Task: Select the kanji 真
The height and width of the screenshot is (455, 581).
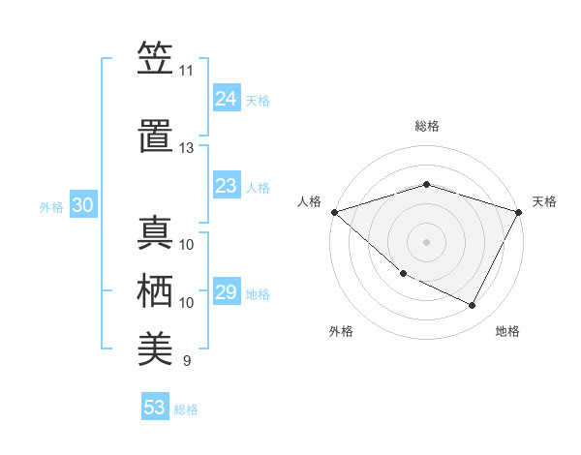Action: tap(155, 232)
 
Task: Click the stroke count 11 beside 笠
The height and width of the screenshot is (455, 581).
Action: tap(186, 71)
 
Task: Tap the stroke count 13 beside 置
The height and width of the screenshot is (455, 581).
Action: tap(186, 148)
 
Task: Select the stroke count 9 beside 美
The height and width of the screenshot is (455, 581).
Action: tap(186, 361)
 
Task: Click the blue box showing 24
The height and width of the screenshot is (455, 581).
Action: tap(227, 99)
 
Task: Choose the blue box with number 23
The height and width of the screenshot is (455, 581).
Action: tap(227, 186)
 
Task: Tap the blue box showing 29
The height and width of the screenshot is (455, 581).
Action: tap(227, 292)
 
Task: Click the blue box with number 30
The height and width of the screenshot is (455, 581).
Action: tap(82, 205)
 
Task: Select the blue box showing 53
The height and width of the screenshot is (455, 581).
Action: tap(155, 408)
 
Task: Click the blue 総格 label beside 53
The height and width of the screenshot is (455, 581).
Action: tap(186, 409)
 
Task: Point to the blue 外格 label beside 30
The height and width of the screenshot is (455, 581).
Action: tap(51, 206)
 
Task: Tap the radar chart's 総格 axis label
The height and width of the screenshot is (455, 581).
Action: tap(426, 126)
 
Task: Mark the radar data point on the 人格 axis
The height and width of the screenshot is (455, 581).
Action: tap(334, 212)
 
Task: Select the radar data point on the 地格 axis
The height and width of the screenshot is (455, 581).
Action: tap(472, 305)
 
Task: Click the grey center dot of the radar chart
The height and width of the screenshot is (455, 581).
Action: tap(426, 241)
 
